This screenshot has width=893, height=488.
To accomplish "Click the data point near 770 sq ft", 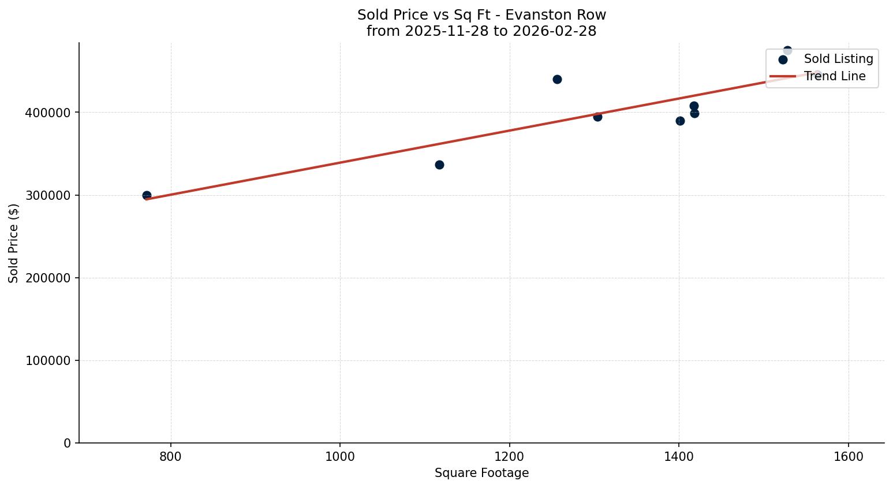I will [147, 195].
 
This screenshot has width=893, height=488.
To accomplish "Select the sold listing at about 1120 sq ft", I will [439, 165].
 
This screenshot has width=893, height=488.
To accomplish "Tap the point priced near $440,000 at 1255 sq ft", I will [557, 79].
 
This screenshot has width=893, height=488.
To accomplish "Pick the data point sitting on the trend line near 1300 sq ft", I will [597, 117].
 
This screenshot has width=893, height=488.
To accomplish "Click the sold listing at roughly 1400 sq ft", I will [680, 121].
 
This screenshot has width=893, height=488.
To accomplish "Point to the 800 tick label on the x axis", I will [170, 457].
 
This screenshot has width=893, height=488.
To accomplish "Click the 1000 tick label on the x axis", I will [340, 457].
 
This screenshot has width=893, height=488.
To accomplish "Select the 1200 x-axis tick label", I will [509, 457].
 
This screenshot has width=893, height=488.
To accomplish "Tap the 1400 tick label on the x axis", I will [679, 457].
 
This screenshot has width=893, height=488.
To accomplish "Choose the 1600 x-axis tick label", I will [849, 457].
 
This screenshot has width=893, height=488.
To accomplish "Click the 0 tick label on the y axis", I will [68, 443].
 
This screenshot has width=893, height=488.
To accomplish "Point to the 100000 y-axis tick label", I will [48, 360].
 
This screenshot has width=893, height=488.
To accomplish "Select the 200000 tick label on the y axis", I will [48, 278].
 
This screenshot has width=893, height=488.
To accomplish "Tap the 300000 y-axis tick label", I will [48, 195].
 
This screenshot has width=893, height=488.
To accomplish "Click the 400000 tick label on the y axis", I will [48, 113].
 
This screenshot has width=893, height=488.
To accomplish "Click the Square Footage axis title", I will [481, 473].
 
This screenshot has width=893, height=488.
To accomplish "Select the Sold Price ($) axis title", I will [14, 243].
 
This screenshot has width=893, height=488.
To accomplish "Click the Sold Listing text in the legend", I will [838, 59].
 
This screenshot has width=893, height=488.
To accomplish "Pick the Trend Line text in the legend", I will [835, 76].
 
